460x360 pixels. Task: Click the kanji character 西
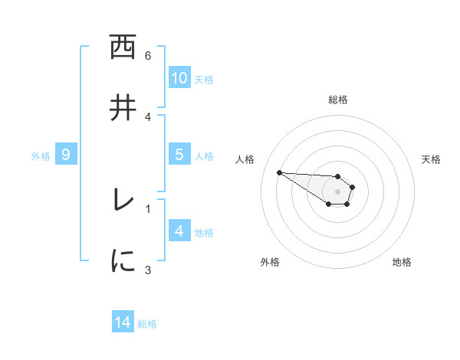pos(122,48)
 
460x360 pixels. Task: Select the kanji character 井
pos(122,108)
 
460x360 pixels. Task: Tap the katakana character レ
pos(122,200)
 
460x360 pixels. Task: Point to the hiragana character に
pos(122,260)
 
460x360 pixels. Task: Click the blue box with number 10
pos(179,78)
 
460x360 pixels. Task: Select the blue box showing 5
pos(179,155)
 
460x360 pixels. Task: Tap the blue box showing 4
pos(179,231)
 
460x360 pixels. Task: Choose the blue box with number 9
pos(66,155)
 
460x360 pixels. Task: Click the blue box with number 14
pos(123,323)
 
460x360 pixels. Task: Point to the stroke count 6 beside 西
pos(148,56)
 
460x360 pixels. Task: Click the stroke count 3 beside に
pos(148,269)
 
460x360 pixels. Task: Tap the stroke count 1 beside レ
pos(148,208)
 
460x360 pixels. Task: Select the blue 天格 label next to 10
pos(203,80)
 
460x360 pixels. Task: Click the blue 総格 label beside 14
pos(147,324)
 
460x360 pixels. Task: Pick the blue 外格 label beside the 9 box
pos(41,156)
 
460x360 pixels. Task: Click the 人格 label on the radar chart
pos(245,159)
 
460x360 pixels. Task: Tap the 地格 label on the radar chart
pos(402,262)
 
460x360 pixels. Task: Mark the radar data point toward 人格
pos(279,172)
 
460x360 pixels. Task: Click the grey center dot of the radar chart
pos(337,191)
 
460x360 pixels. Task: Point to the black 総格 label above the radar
pos(338,100)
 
